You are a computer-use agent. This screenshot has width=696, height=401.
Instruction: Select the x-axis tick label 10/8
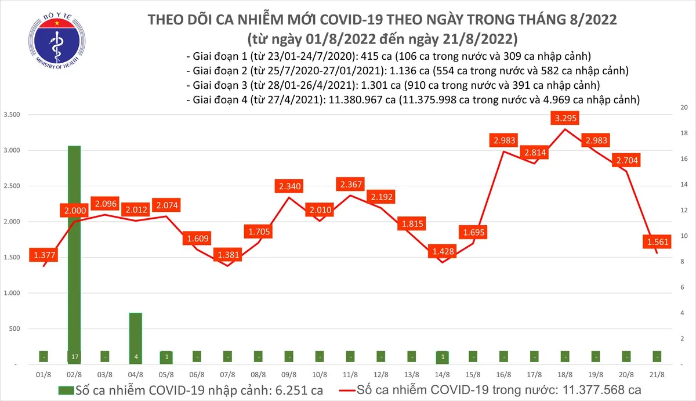(x=319, y=375)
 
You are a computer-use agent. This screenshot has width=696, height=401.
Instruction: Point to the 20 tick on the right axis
(x=684, y=108)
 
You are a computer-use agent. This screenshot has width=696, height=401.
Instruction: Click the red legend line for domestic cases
(x=339, y=389)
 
